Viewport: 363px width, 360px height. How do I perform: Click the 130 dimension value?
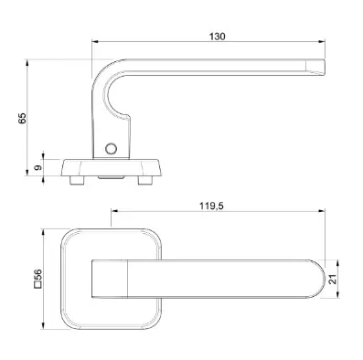[217, 37]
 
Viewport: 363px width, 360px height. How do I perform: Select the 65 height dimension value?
[22, 118]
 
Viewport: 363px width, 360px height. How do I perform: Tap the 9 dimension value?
[38, 167]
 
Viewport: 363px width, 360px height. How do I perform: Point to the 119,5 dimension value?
[211, 206]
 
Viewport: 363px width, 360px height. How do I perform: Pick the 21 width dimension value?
[334, 279]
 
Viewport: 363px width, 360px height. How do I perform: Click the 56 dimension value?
[37, 276]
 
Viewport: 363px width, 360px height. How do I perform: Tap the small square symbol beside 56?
[37, 286]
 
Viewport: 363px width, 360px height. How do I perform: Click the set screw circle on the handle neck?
[111, 149]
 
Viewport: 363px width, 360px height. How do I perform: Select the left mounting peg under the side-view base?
[77, 180]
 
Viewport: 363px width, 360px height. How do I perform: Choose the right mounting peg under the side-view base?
[144, 180]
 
